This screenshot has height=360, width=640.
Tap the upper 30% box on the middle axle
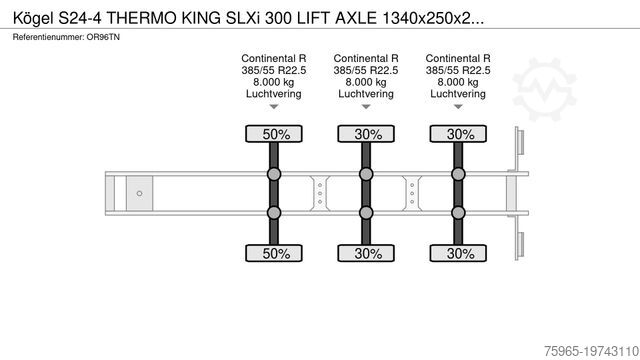point(366,134)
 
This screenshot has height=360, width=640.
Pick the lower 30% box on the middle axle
point(366,254)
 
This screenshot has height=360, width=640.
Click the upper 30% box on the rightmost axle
point(459,134)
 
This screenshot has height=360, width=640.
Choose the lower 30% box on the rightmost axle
point(459,254)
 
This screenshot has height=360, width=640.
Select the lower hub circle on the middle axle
point(366,212)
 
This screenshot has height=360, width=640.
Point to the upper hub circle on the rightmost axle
point(459,175)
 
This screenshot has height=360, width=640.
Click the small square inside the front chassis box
point(140,193)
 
